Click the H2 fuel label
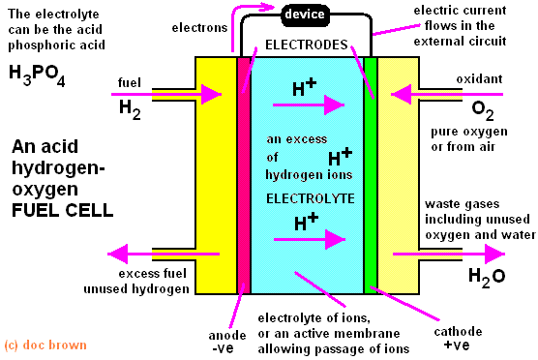point(129,109)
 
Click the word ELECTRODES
point(304,45)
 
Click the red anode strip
point(244,174)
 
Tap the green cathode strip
point(370,174)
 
